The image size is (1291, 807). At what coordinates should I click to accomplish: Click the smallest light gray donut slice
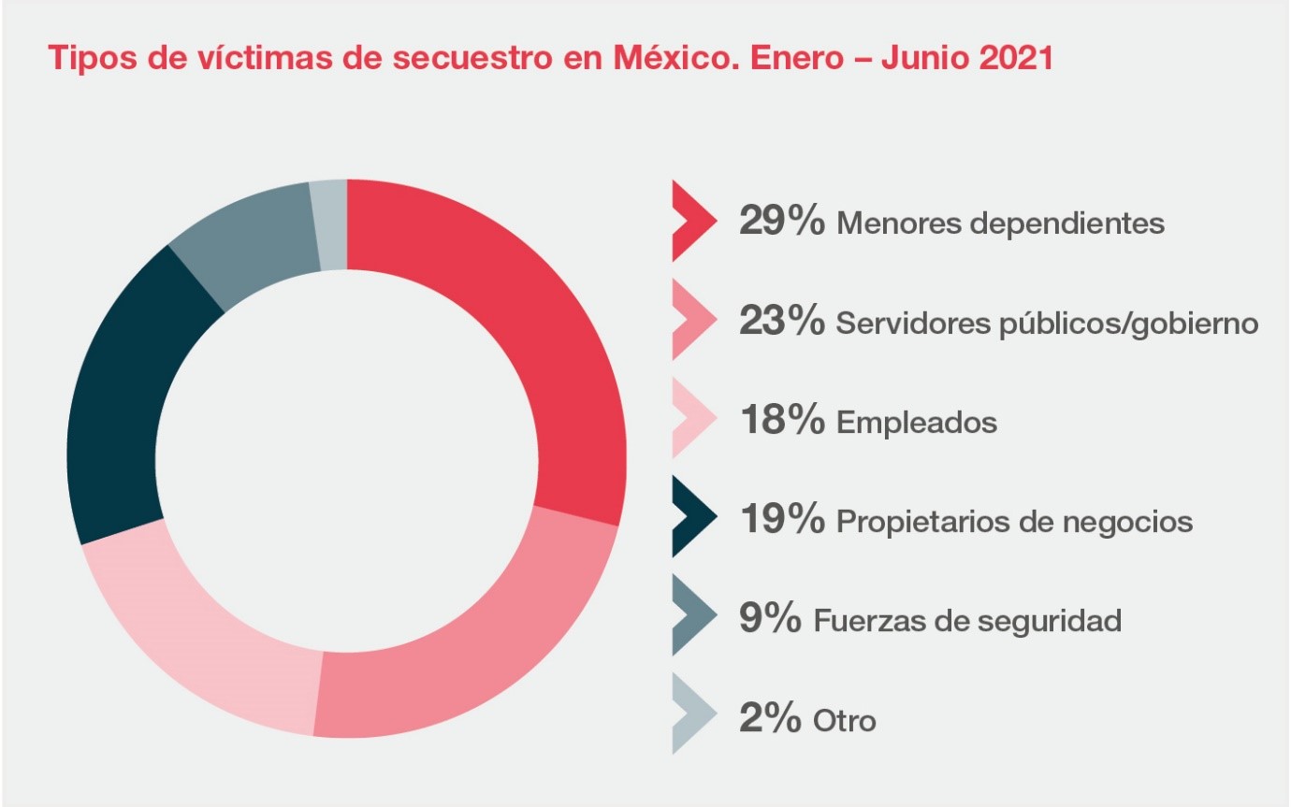[x=330, y=225]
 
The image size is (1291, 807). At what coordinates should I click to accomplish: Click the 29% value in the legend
[x=781, y=222]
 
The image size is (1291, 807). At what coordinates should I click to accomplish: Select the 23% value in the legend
[x=781, y=322]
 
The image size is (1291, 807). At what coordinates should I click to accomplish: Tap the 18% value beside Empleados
[x=781, y=421]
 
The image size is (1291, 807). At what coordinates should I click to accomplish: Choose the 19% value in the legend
[x=781, y=520]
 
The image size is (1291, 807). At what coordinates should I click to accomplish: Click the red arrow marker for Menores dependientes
[x=692, y=222]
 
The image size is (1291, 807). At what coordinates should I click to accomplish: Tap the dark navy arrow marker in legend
[x=692, y=517]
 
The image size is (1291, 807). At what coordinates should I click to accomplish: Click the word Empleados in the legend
[x=917, y=423]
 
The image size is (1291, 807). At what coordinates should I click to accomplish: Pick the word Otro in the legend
[x=845, y=721]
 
